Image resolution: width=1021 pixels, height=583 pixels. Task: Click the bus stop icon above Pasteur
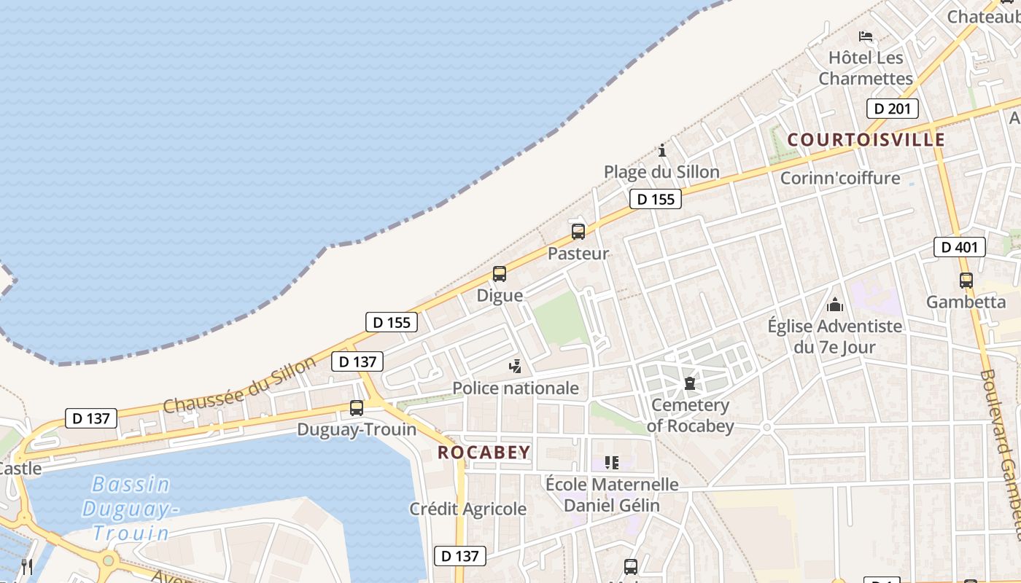(x=578, y=232)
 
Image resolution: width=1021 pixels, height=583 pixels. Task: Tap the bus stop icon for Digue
(x=500, y=274)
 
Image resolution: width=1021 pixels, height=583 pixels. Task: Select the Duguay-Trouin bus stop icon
(x=357, y=408)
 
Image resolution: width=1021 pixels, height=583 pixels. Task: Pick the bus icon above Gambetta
(x=966, y=280)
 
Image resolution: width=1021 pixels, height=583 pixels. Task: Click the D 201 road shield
(x=892, y=109)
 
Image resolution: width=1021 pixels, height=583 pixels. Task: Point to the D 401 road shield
(x=960, y=247)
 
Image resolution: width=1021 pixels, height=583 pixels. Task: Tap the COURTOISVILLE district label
(x=866, y=139)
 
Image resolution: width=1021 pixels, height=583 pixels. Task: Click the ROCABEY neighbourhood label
(x=484, y=452)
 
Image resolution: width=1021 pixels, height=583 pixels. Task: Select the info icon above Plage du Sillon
(x=662, y=150)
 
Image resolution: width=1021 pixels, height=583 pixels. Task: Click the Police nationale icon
(x=516, y=366)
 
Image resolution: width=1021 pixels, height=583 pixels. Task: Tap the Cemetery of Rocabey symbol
(x=690, y=383)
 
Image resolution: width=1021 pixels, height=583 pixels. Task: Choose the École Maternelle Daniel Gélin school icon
(x=612, y=462)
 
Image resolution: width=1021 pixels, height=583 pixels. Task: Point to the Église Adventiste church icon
(x=835, y=304)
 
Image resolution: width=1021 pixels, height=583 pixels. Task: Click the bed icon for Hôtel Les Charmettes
(x=866, y=36)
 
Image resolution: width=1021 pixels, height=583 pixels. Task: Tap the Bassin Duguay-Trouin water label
(x=131, y=508)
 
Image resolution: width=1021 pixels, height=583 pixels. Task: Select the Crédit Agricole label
(x=467, y=509)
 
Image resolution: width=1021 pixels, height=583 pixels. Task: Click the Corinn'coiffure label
(x=840, y=178)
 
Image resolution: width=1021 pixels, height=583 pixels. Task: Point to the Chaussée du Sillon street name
(x=240, y=384)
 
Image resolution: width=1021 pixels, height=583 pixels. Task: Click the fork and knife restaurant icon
(x=27, y=566)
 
